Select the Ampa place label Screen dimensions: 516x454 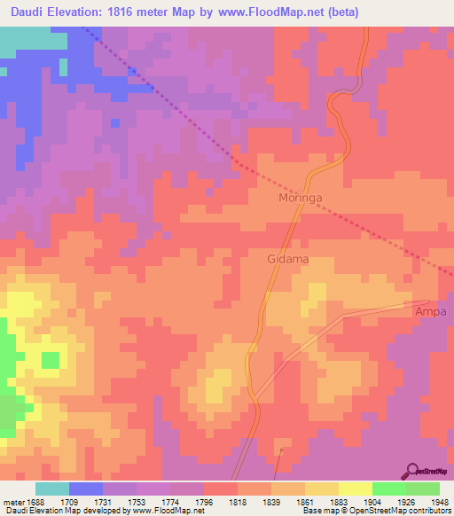[429, 313]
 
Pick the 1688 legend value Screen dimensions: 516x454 [35, 501]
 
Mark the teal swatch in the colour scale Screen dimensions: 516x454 [52, 489]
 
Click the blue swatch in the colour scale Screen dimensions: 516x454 [86, 489]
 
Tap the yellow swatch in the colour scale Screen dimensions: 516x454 [355, 489]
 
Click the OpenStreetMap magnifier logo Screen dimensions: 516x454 [412, 471]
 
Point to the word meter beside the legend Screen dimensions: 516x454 [12, 501]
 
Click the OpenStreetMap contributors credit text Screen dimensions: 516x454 [378, 511]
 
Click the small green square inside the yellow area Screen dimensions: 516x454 [51, 360]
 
